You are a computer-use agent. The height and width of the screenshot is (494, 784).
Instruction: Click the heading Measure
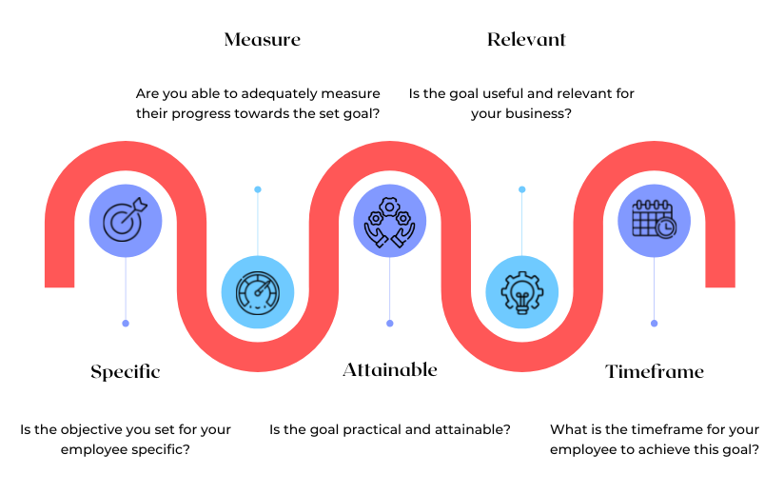(x=263, y=39)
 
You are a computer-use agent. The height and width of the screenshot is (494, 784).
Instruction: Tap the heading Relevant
(x=526, y=39)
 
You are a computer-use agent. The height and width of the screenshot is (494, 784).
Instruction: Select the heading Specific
(x=126, y=372)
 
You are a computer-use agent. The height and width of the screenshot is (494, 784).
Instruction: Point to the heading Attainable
(x=390, y=370)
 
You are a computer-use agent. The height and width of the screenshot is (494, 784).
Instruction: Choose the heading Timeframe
(x=655, y=371)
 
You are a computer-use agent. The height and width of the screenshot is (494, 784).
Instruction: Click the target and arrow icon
(x=126, y=221)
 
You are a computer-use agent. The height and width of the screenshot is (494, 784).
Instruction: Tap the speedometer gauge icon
(x=258, y=292)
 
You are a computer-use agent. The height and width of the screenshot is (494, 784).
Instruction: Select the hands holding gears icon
(x=390, y=222)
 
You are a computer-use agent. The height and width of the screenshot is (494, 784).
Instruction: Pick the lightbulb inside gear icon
(x=522, y=292)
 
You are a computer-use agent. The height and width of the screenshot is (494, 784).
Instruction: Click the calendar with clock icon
(x=654, y=219)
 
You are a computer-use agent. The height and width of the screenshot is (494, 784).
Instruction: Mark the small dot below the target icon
(x=126, y=324)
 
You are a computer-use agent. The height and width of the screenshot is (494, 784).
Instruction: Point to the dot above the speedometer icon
(x=258, y=189)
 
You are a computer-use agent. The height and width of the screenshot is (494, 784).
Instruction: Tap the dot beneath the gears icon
(x=390, y=324)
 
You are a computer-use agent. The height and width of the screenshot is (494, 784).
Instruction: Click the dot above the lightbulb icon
(x=522, y=189)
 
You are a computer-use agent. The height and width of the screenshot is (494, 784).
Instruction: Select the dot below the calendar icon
(x=654, y=324)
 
